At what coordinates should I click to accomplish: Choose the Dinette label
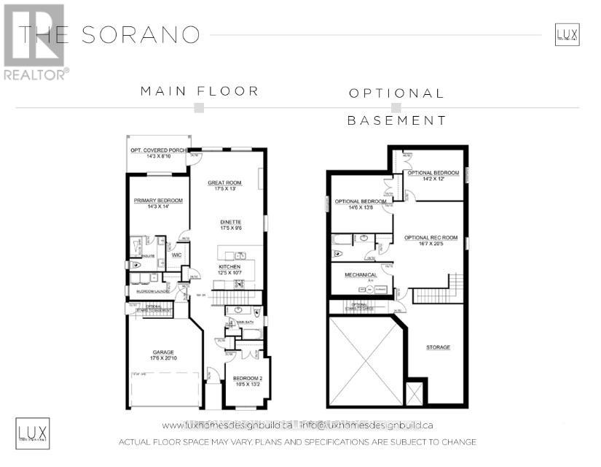[x=231, y=224]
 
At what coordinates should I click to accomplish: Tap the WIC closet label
[x=176, y=255]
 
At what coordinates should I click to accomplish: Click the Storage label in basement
[x=438, y=347]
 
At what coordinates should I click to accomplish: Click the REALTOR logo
[x=36, y=42]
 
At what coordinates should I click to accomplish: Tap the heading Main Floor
[x=200, y=91]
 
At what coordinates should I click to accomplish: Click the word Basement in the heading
[x=396, y=120]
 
